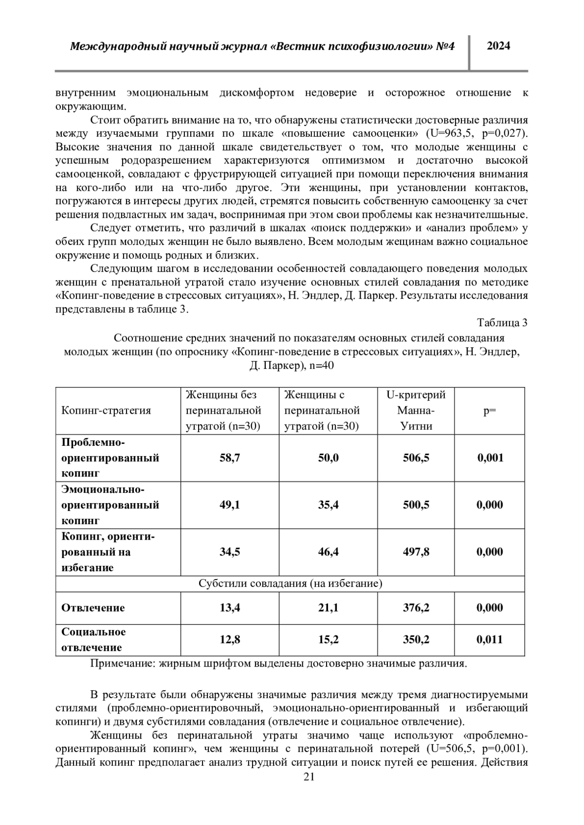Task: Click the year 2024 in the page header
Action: click(x=498, y=46)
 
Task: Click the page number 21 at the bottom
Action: click(x=309, y=790)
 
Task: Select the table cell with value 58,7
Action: click(x=230, y=458)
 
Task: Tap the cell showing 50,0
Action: click(x=328, y=458)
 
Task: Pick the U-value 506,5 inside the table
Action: click(x=416, y=458)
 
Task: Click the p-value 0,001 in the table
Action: click(x=490, y=458)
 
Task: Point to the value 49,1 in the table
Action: click(x=230, y=505)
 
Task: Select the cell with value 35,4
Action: click(x=328, y=505)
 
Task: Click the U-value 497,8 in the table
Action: click(x=416, y=552)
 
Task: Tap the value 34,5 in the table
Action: click(x=230, y=552)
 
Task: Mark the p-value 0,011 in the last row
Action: click(x=490, y=640)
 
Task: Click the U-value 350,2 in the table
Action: click(x=416, y=640)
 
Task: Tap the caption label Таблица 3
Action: click(x=502, y=323)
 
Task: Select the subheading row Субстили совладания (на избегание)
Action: click(x=290, y=584)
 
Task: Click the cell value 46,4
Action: click(x=328, y=552)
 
